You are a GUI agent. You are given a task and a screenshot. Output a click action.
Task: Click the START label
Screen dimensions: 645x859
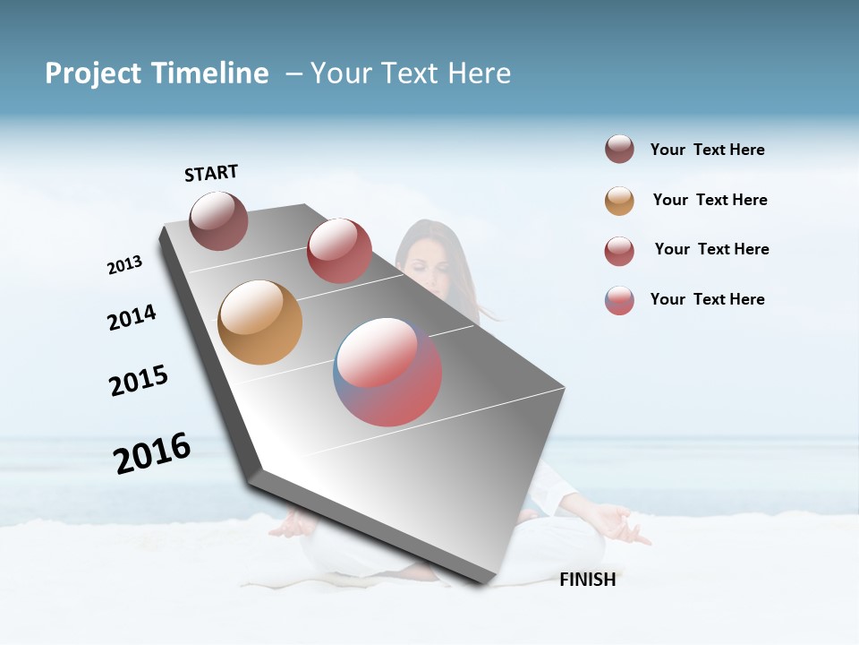point(211,173)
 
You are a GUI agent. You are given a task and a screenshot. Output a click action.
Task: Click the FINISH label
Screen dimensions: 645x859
point(587,580)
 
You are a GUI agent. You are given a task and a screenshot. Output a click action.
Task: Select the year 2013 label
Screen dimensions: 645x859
point(124,265)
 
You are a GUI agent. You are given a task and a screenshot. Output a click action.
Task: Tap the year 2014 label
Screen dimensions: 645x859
point(132,317)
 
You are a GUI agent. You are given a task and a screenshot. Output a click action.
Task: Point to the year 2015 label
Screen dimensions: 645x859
point(139,381)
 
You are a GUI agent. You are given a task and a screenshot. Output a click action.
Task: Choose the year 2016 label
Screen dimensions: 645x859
point(152,453)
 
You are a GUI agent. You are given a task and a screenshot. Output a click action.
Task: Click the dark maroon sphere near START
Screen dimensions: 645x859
point(218,220)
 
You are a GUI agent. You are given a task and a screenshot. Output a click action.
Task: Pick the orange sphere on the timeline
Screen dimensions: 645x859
point(259,322)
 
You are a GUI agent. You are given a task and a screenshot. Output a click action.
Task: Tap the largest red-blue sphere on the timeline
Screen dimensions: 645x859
point(387,372)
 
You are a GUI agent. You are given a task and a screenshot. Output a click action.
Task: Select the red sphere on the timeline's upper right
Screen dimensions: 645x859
point(339,251)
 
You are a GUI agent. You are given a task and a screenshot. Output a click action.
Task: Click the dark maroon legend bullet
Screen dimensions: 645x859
point(619,150)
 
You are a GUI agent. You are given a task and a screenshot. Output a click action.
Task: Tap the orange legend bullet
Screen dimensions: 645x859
point(619,201)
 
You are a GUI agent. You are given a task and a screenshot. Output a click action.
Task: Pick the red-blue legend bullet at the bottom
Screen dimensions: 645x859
point(619,300)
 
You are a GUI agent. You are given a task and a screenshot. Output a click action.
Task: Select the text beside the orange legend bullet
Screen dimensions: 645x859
point(710,200)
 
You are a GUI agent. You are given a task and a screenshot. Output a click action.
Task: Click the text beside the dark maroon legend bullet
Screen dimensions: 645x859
point(707,150)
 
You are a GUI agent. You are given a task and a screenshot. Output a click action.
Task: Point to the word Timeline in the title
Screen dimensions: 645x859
point(211,73)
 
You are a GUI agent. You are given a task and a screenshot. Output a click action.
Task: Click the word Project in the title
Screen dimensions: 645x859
point(92,73)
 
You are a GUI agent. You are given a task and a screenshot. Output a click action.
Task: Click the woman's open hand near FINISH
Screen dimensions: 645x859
point(617,523)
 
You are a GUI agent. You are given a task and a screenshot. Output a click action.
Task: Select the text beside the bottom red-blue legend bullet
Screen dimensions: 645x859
point(707,299)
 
